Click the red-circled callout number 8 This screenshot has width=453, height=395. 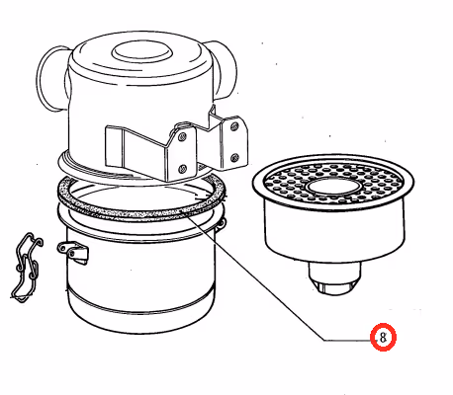pyautogui.click(x=383, y=338)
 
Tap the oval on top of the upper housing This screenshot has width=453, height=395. pyautogui.click(x=142, y=51)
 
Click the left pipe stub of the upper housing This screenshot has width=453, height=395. pyautogui.click(x=51, y=78)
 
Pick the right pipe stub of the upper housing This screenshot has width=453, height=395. pyautogui.click(x=224, y=69)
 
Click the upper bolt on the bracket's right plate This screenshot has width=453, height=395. pyautogui.click(x=234, y=125)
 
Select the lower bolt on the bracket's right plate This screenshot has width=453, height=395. pyautogui.click(x=234, y=157)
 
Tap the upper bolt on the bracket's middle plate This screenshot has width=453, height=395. pyautogui.click(x=182, y=137)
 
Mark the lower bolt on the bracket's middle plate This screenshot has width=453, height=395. pyautogui.click(x=183, y=169)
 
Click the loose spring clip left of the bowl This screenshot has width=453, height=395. pyautogui.click(x=27, y=268)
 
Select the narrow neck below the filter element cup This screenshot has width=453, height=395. pyautogui.click(x=334, y=271)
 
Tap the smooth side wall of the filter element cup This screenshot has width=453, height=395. pyautogui.click(x=334, y=230)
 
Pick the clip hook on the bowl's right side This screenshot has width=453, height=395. pyautogui.click(x=223, y=223)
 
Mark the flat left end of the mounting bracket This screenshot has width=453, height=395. pyautogui.click(x=114, y=145)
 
